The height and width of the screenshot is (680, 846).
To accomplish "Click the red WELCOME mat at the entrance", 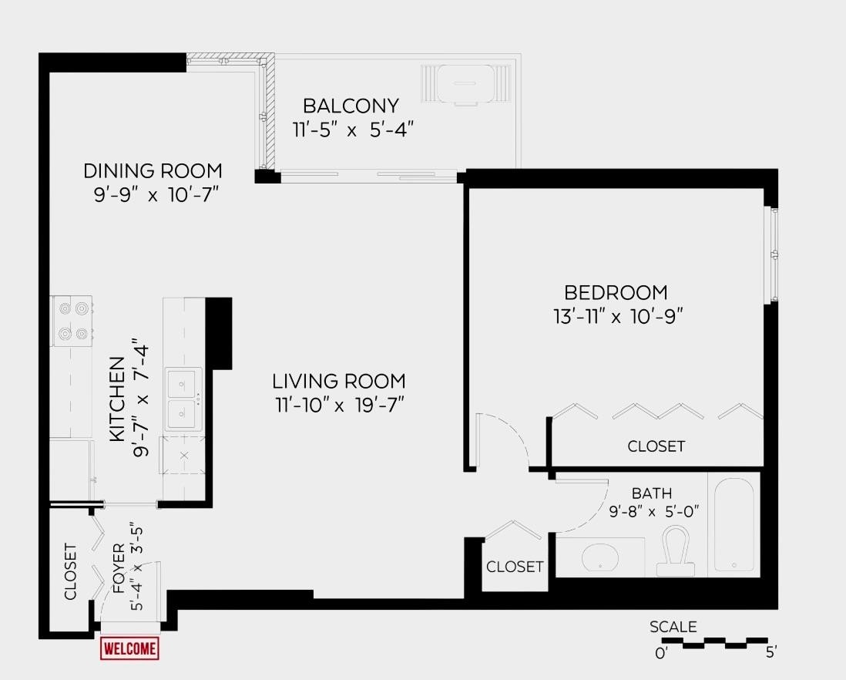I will pyautogui.click(x=129, y=648).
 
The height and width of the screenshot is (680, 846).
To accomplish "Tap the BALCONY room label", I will pyautogui.click(x=351, y=106).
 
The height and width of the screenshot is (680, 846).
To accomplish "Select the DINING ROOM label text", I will pyautogui.click(x=153, y=170).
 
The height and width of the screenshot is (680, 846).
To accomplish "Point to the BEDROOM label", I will pyautogui.click(x=616, y=293).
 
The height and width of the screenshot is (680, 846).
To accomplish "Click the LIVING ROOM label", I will pyautogui.click(x=338, y=381).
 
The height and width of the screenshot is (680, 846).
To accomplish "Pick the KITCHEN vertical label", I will pyautogui.click(x=116, y=399).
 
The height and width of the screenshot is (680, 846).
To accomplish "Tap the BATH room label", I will pyautogui.click(x=652, y=493).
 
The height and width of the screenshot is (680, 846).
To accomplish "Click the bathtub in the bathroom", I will pyautogui.click(x=734, y=524).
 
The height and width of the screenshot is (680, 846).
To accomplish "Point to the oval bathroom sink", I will pyautogui.click(x=601, y=557).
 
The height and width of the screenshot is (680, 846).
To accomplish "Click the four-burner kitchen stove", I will pyautogui.click(x=72, y=321).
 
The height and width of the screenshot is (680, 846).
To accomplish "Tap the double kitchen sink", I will pyautogui.click(x=183, y=399).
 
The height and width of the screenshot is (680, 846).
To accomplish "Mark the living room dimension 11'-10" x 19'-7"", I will pyautogui.click(x=338, y=403).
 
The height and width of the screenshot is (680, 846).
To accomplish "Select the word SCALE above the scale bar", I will pyautogui.click(x=673, y=627).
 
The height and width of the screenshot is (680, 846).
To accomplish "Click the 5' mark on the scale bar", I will pyautogui.click(x=771, y=653).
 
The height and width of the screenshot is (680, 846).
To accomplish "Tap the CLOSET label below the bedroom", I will pyautogui.click(x=656, y=446).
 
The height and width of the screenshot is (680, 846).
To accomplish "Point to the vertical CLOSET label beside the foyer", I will pyautogui.click(x=70, y=571).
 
